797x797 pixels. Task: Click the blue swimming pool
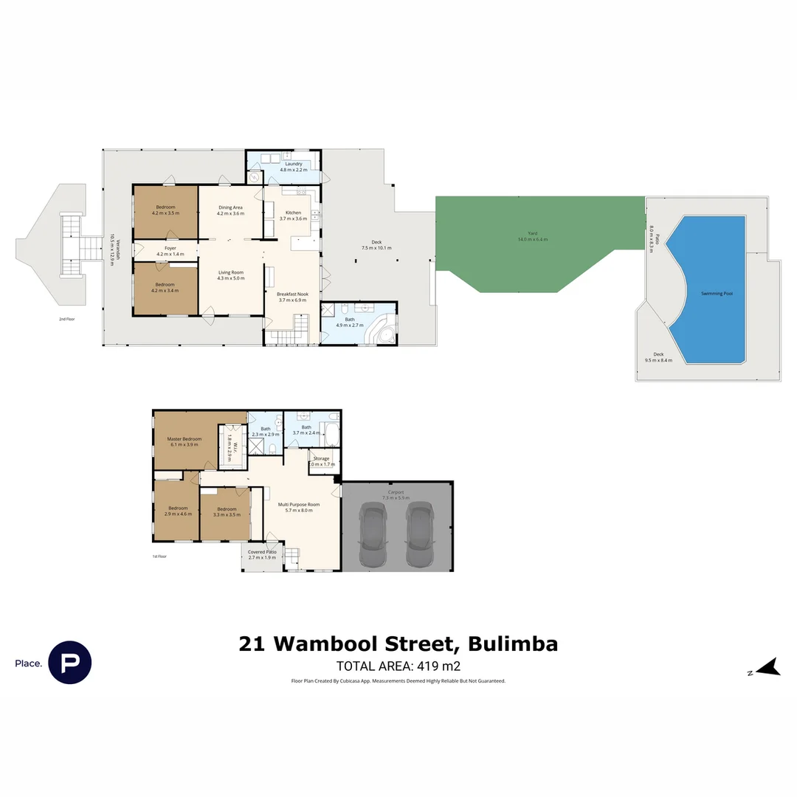(712, 291)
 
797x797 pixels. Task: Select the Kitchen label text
(293, 213)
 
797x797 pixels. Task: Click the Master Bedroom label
(184, 439)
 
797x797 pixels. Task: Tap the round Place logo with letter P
(70, 662)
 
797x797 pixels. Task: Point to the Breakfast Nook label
(293, 294)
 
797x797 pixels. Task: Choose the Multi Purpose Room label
(298, 505)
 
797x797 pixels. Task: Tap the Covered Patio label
(262, 552)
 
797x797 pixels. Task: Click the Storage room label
(321, 459)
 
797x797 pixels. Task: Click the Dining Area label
(230, 207)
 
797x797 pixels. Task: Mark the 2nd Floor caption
(68, 320)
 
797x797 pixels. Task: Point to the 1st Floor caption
(159, 556)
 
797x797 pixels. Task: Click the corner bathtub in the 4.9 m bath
(382, 331)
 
